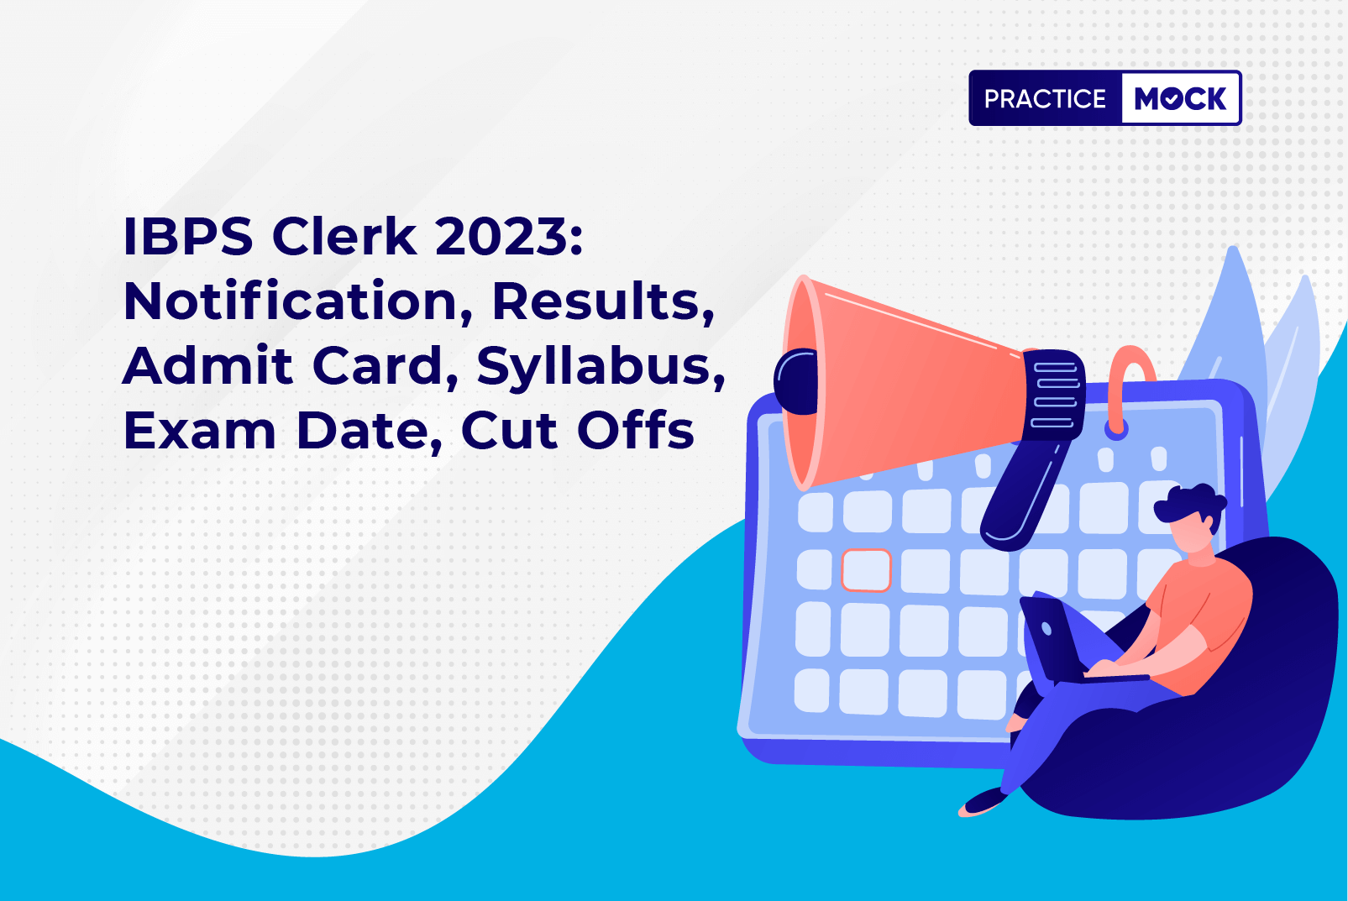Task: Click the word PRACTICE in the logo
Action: pos(1045,98)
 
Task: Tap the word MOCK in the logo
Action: pos(1180,98)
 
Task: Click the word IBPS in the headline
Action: pos(188,237)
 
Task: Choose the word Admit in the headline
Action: pos(207,366)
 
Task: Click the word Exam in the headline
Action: pos(200,431)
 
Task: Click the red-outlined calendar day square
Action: pos(866,570)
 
